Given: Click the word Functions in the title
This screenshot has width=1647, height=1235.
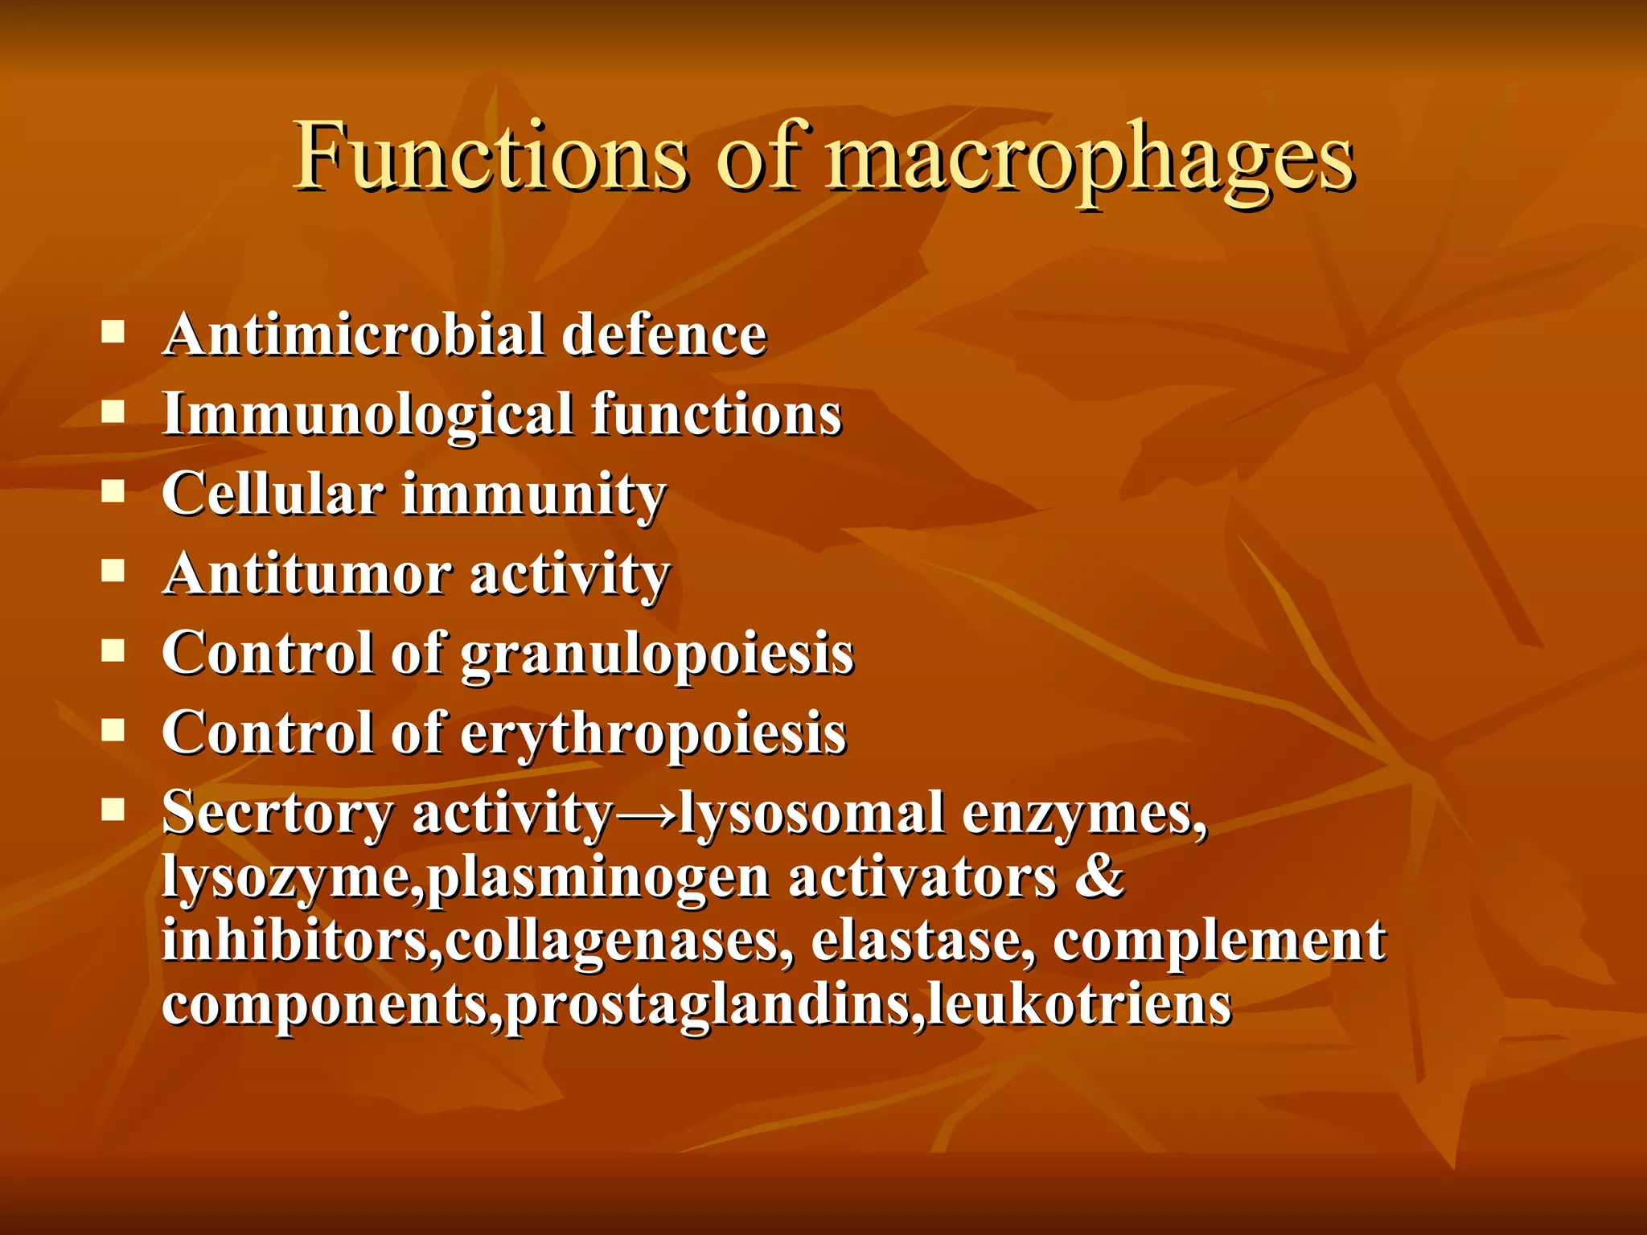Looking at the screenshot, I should [x=491, y=157].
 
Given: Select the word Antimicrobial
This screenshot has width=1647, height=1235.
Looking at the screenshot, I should [x=354, y=334].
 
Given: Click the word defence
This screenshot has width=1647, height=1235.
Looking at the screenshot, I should [x=664, y=334].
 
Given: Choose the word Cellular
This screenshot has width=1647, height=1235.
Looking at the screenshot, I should [x=273, y=494].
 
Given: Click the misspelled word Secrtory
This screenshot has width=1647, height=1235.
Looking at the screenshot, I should [x=277, y=814].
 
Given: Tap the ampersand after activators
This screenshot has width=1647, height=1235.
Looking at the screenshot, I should [x=1099, y=876].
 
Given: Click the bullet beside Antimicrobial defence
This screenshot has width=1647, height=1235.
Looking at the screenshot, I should [x=113, y=332].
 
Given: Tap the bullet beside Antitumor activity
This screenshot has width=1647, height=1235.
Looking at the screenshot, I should [x=113, y=572].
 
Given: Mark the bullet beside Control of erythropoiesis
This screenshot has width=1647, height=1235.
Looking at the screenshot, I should [x=113, y=730].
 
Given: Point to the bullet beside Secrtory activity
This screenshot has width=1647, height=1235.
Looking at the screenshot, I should [x=113, y=809].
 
